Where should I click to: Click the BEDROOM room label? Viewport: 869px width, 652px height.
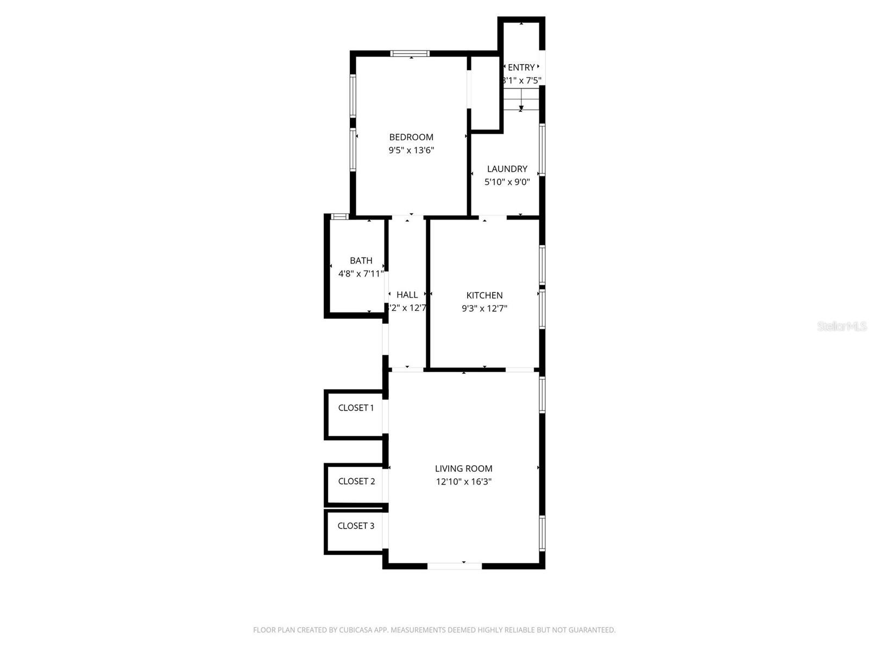tap(411, 137)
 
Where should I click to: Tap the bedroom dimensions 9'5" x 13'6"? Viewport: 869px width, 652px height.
tap(411, 150)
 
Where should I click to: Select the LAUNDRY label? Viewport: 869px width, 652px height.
tap(507, 169)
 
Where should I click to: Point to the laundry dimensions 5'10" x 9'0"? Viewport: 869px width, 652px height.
tap(507, 182)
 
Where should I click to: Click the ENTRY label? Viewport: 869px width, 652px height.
tap(521, 67)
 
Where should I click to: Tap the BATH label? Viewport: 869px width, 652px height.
tap(361, 261)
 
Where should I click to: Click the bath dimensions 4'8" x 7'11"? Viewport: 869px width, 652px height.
tap(361, 274)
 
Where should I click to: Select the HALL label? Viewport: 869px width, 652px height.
tap(407, 294)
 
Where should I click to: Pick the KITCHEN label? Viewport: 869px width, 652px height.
tap(484, 295)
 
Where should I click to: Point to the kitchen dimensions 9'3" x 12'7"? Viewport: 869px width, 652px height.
tap(484, 308)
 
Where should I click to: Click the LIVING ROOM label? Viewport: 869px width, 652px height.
tap(463, 468)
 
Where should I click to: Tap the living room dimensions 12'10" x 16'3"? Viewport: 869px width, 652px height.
tap(463, 481)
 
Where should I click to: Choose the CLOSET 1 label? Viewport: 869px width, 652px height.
tap(356, 407)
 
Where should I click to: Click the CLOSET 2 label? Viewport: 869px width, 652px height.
tap(356, 481)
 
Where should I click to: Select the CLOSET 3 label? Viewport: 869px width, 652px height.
tap(356, 525)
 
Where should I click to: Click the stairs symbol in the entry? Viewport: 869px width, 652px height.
tap(521, 100)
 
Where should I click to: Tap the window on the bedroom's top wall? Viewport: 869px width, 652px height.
tap(410, 53)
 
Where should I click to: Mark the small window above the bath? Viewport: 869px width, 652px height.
tap(340, 216)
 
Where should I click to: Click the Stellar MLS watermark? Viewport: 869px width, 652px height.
tap(841, 326)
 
